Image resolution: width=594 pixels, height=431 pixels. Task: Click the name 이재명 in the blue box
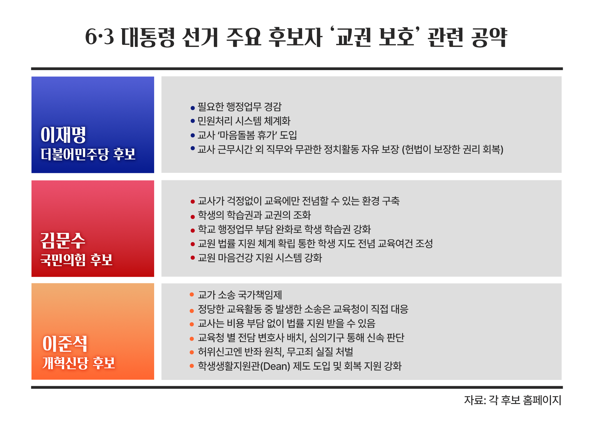tap(63, 135)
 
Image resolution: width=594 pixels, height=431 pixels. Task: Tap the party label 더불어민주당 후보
tap(88, 154)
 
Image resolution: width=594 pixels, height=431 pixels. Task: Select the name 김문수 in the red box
tap(63, 240)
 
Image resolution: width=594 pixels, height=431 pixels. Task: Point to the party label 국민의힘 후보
tap(76, 260)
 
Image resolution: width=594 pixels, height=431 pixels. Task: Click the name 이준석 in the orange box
tap(65, 344)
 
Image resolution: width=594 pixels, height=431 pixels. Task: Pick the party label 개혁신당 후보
tap(78, 363)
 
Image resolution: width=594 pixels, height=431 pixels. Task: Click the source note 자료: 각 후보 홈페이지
tap(513, 400)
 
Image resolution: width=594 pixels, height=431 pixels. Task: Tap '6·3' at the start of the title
tap(99, 37)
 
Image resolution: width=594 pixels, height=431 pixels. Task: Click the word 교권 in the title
tap(353, 37)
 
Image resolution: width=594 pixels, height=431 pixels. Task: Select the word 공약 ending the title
tap(489, 37)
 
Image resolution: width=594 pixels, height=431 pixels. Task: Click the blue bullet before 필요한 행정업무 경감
tap(193, 108)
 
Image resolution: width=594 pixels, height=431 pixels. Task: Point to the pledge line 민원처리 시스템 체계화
tap(244, 121)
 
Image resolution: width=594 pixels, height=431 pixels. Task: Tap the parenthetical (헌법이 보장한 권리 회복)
tap(453, 149)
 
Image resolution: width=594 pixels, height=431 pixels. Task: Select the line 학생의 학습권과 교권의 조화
tap(254, 215)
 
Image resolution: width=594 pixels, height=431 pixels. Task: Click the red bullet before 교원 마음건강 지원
tap(193, 258)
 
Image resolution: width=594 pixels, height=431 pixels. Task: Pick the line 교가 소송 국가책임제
tap(240, 295)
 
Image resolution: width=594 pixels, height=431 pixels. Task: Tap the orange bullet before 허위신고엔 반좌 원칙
tap(192, 352)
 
